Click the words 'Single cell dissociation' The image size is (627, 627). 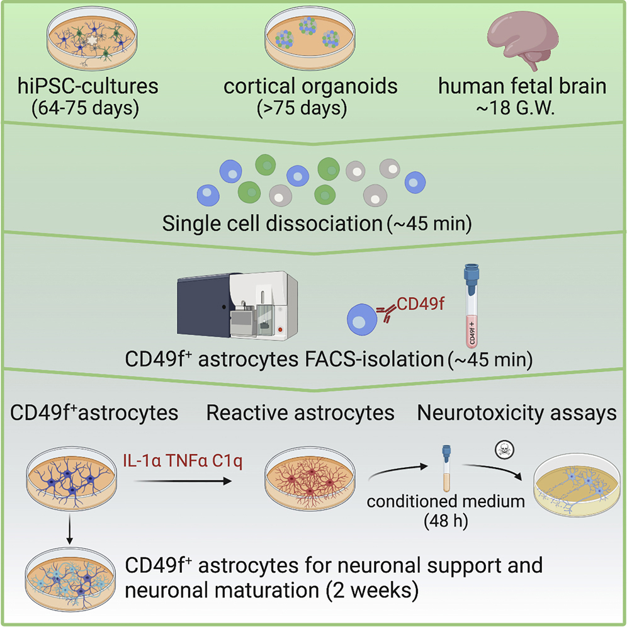pos(270,222)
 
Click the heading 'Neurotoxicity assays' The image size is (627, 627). pos(517,414)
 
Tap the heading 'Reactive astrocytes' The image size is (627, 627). pos(300,414)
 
